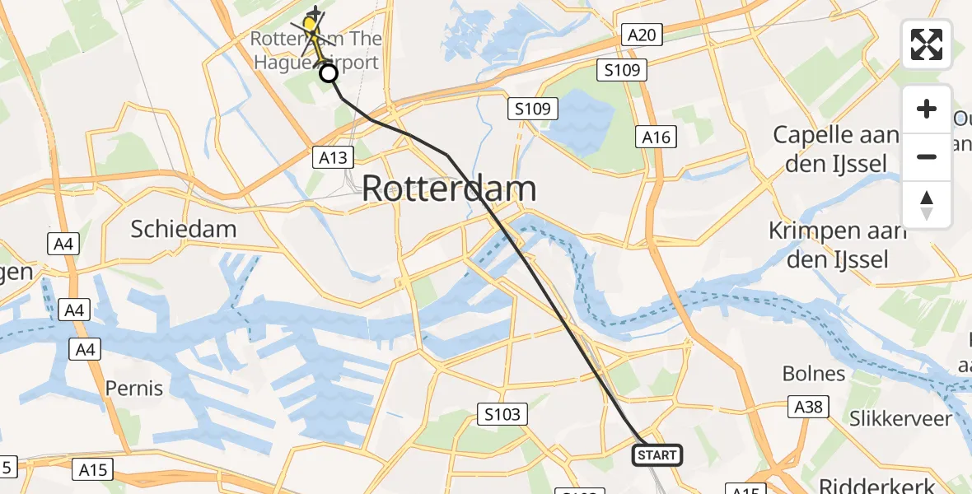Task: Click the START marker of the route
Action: click(x=657, y=454)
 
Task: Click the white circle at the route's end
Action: click(x=329, y=74)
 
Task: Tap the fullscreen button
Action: click(x=927, y=44)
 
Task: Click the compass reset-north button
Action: click(x=927, y=205)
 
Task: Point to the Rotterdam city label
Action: click(x=449, y=189)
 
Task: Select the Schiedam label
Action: click(x=184, y=229)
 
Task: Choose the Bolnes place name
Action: click(x=813, y=374)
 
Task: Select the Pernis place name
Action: click(x=134, y=387)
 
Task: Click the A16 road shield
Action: click(x=657, y=137)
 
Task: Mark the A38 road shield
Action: click(x=808, y=407)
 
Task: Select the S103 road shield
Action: click(x=502, y=414)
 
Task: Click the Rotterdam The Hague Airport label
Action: click(x=315, y=50)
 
